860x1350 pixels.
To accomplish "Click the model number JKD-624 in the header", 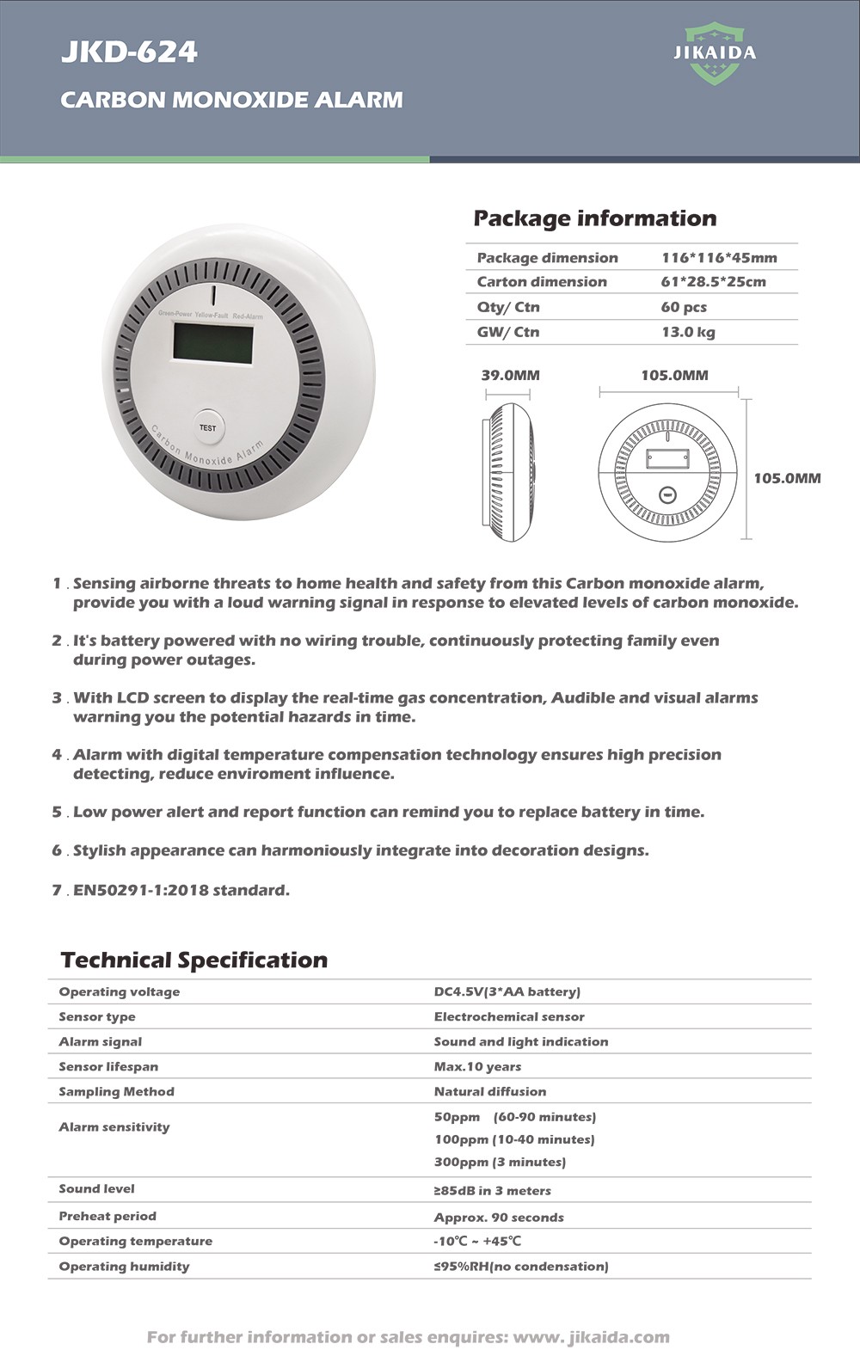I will (129, 52).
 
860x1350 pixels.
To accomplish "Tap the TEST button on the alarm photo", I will (207, 427).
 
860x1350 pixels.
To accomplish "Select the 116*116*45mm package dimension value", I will (719, 258).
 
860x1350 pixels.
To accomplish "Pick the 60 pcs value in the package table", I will (684, 307).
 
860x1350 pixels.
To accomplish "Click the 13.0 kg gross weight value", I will (688, 332).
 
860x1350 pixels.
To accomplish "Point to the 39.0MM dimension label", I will (510, 375).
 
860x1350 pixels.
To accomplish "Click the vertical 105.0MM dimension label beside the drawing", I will (787, 478).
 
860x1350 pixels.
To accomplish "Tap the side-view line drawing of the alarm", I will (507, 471).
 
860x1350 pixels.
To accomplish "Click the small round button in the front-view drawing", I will (667, 494).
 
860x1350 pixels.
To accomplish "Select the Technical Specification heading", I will (194, 960).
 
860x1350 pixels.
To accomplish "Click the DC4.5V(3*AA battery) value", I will (507, 991).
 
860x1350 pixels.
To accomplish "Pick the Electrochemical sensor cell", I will (508, 1016).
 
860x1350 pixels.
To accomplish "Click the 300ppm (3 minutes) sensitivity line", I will (500, 1162).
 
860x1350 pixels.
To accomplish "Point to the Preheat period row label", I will (107, 1216).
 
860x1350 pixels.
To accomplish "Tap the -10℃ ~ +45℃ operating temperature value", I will (477, 1241).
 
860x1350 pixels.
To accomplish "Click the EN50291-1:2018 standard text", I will (181, 890).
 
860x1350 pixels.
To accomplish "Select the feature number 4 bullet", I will (57, 754).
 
